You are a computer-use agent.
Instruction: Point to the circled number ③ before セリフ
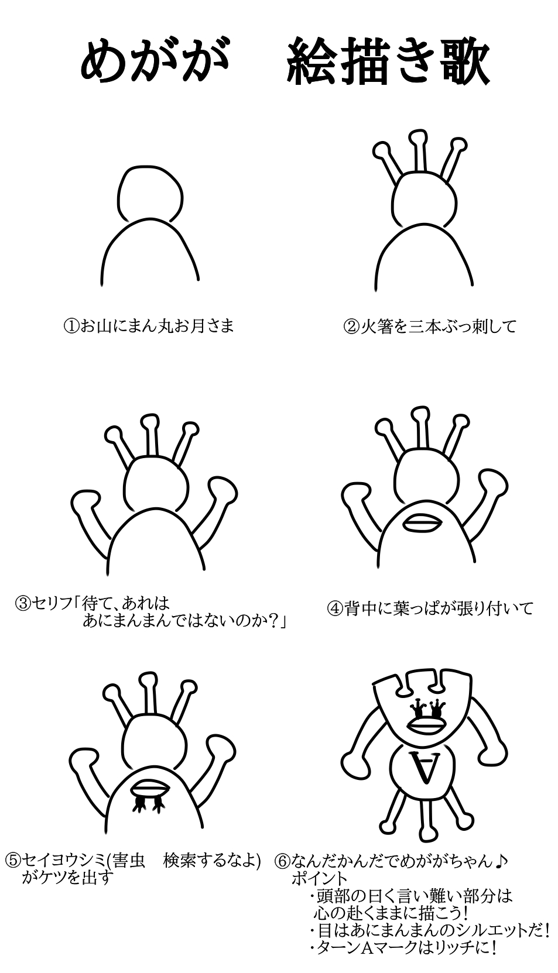point(23,603)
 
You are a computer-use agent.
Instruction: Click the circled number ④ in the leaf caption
point(335,608)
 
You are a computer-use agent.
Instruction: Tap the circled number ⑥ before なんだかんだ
point(283,861)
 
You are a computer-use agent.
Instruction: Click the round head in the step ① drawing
point(150,194)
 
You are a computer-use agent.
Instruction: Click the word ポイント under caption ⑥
point(320,878)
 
